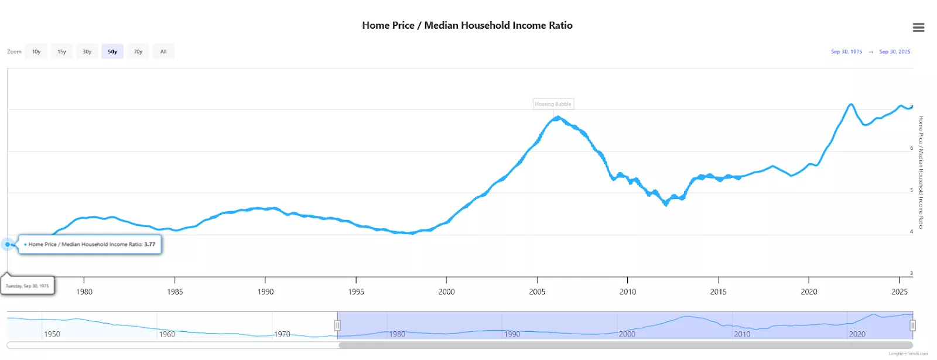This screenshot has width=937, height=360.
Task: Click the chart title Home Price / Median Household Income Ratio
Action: pyautogui.click(x=467, y=25)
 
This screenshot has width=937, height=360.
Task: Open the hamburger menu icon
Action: pyautogui.click(x=918, y=28)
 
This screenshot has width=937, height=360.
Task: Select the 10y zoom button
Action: pyautogui.click(x=36, y=52)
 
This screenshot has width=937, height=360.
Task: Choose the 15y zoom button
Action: pyautogui.click(x=61, y=52)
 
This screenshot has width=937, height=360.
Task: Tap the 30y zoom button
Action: pyautogui.click(x=87, y=52)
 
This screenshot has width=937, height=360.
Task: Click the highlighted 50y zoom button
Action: pyautogui.click(x=112, y=52)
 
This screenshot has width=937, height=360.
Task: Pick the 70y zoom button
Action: pyautogui.click(x=138, y=52)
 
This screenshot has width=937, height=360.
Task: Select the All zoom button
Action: pyautogui.click(x=163, y=52)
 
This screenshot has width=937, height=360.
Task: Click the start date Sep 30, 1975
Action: pyautogui.click(x=846, y=52)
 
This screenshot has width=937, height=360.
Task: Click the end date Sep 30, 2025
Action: pyautogui.click(x=894, y=52)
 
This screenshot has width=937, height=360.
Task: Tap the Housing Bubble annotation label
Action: pyautogui.click(x=553, y=104)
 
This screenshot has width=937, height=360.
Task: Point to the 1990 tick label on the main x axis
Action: pyautogui.click(x=265, y=292)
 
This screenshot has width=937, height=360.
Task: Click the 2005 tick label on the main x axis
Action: pyautogui.click(x=537, y=292)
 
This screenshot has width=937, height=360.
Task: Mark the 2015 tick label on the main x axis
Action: pyautogui.click(x=718, y=292)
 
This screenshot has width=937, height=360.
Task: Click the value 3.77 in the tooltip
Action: pyautogui.click(x=150, y=244)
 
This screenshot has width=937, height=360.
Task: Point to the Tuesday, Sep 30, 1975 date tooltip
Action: pyautogui.click(x=28, y=286)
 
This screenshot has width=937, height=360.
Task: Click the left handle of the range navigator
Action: pyautogui.click(x=337, y=325)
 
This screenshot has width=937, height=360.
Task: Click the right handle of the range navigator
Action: pyautogui.click(x=912, y=325)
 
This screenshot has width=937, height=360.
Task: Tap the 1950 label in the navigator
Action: pyautogui.click(x=52, y=334)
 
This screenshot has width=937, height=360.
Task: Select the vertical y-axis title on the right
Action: pyautogui.click(x=921, y=172)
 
